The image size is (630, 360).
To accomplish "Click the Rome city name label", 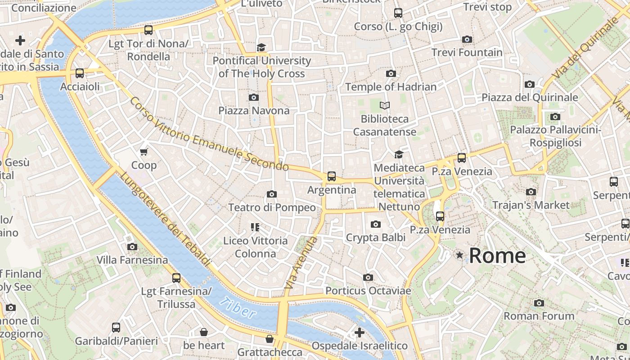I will [497, 256].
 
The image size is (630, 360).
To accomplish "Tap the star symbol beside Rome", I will [459, 255].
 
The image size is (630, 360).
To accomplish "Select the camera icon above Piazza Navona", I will [254, 97].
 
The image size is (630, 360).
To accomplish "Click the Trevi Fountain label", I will [467, 52].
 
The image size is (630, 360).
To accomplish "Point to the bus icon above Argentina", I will [332, 176].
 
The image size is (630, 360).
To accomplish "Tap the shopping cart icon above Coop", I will [144, 152].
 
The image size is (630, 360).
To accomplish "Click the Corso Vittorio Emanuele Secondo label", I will [209, 134].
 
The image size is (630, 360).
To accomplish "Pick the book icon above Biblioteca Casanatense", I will [384, 105].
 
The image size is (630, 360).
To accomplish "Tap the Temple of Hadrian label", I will [391, 87].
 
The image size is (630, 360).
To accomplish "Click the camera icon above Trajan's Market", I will [531, 192].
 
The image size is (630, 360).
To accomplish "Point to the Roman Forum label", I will [539, 316].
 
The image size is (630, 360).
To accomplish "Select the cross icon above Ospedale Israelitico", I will [359, 333].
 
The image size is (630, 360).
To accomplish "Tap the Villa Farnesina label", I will [132, 260].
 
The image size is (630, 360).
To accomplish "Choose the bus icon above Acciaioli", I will [80, 73].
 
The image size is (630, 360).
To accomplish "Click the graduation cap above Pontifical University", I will [261, 47].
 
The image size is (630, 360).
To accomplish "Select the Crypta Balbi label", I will [375, 237].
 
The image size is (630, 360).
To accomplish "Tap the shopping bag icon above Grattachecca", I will [270, 339].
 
